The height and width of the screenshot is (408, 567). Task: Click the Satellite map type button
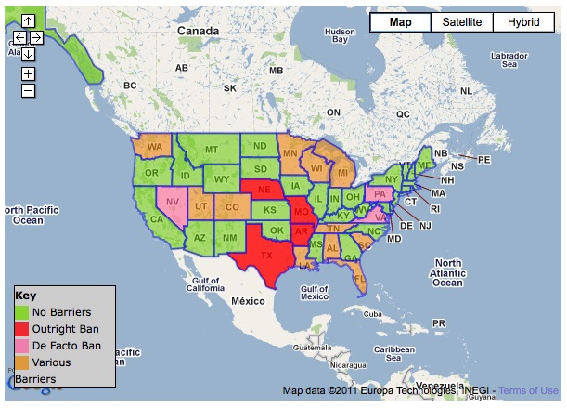(x=462, y=22)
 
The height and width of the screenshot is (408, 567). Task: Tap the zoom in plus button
(x=29, y=73)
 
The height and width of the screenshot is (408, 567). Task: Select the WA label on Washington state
(x=154, y=147)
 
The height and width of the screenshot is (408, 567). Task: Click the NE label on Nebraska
(x=264, y=189)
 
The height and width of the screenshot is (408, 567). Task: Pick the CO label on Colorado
(x=232, y=207)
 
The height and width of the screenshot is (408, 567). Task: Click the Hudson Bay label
(x=341, y=36)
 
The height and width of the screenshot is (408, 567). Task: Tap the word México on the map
(x=249, y=302)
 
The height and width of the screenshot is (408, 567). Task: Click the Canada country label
(x=198, y=31)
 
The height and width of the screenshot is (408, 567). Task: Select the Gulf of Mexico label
(x=315, y=291)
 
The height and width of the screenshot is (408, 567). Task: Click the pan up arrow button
(x=28, y=20)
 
